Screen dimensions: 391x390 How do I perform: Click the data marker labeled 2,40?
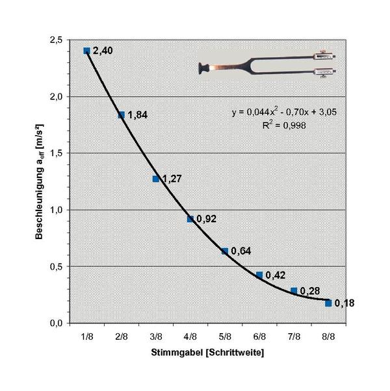click(86, 51)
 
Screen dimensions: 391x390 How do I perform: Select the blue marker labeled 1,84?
click(121, 115)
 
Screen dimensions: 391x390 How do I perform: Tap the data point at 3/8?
click(156, 179)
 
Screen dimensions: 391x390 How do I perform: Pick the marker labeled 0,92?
click(190, 219)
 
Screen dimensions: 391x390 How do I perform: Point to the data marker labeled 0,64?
click(225, 251)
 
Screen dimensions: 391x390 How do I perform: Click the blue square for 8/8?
click(328, 303)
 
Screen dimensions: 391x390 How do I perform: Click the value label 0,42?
click(276, 275)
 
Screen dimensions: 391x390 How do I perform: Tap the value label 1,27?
click(172, 179)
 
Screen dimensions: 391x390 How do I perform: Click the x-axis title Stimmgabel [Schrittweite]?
click(208, 356)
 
